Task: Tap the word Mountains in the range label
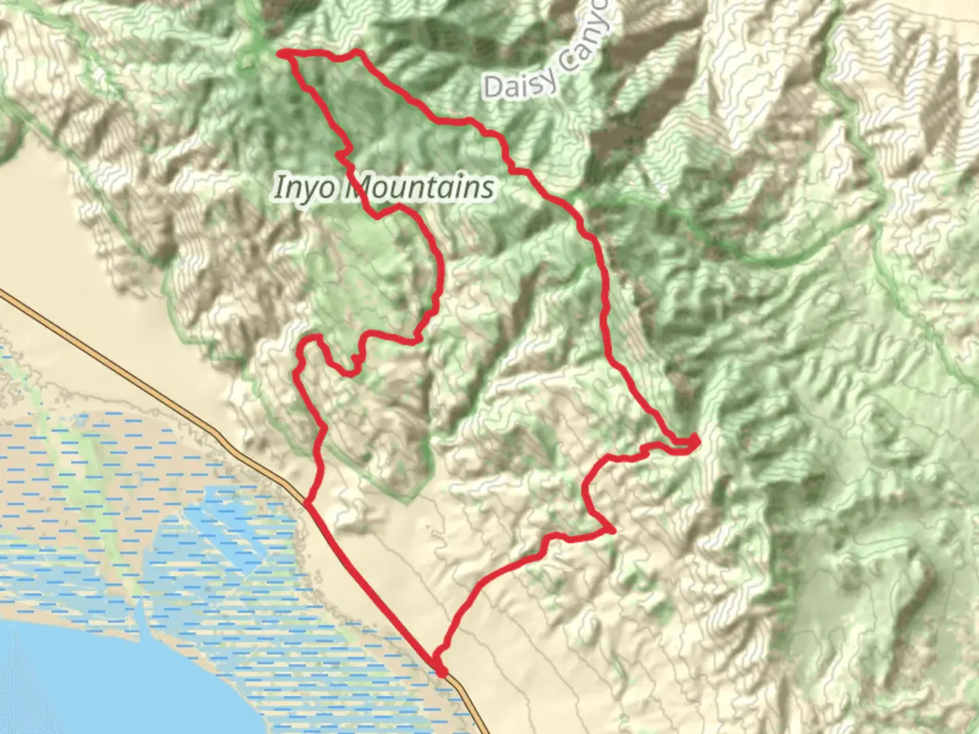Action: [x=420, y=187]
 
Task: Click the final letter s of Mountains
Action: [x=486, y=188]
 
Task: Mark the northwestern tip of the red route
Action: [x=282, y=52]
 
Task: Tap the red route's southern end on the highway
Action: [x=443, y=672]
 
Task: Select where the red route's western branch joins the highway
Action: [x=308, y=504]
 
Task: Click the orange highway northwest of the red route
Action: [x=136, y=381]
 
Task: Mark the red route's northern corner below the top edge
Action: [x=356, y=54]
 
